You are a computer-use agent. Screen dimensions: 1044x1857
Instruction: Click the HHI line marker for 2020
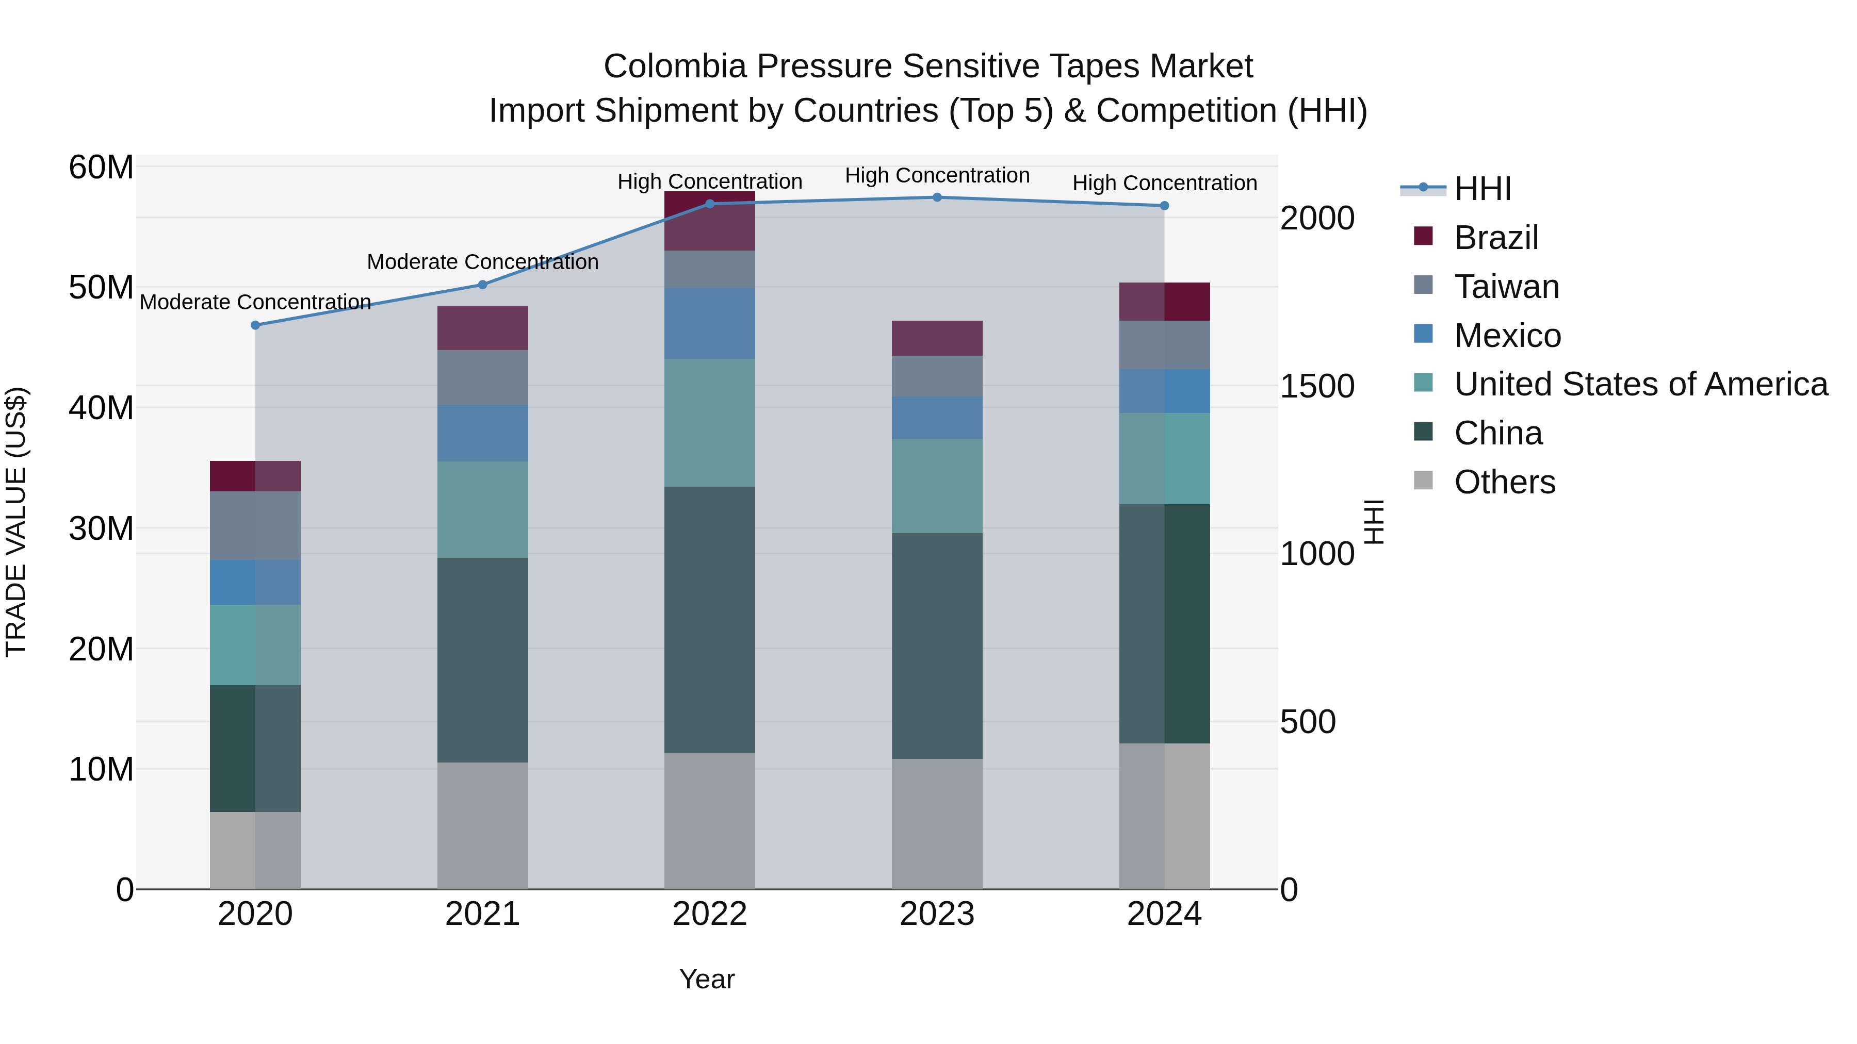pyautogui.click(x=255, y=325)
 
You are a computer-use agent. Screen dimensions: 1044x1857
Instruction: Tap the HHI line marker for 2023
pyautogui.click(x=937, y=197)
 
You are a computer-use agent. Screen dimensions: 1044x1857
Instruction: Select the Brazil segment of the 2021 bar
pyautogui.click(x=482, y=328)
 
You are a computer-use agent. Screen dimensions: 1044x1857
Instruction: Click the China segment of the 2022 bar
pyautogui.click(x=709, y=620)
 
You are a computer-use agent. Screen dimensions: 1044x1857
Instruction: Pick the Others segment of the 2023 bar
pyautogui.click(x=937, y=823)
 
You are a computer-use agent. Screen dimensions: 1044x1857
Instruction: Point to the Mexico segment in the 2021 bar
pyautogui.click(x=482, y=433)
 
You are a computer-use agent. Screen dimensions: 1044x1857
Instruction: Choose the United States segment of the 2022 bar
pyautogui.click(x=709, y=423)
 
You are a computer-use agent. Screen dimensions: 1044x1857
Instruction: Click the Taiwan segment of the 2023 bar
pyautogui.click(x=937, y=376)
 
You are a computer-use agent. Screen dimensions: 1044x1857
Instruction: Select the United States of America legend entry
pyautogui.click(x=1640, y=384)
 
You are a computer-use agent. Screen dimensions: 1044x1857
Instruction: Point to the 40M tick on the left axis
pyautogui.click(x=101, y=408)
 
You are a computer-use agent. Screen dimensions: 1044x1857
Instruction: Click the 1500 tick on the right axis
pyautogui.click(x=1316, y=386)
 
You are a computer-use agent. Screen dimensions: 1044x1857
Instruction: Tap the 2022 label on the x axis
pyautogui.click(x=709, y=914)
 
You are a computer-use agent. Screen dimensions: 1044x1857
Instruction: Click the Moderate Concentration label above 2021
pyautogui.click(x=482, y=262)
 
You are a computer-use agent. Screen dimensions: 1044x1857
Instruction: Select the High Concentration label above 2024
pyautogui.click(x=1164, y=183)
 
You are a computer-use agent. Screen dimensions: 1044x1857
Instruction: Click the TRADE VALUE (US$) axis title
pyautogui.click(x=16, y=522)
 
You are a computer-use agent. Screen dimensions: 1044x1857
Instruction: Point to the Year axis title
pyautogui.click(x=707, y=979)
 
